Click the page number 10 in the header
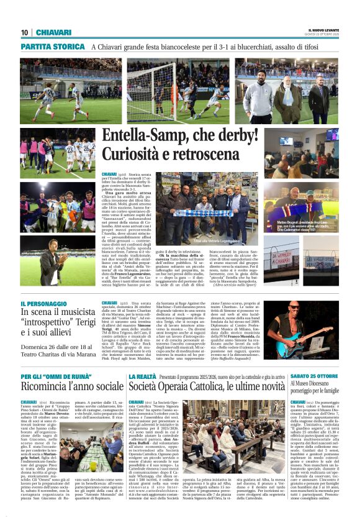click(24, 32)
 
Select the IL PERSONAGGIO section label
click(45, 302)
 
